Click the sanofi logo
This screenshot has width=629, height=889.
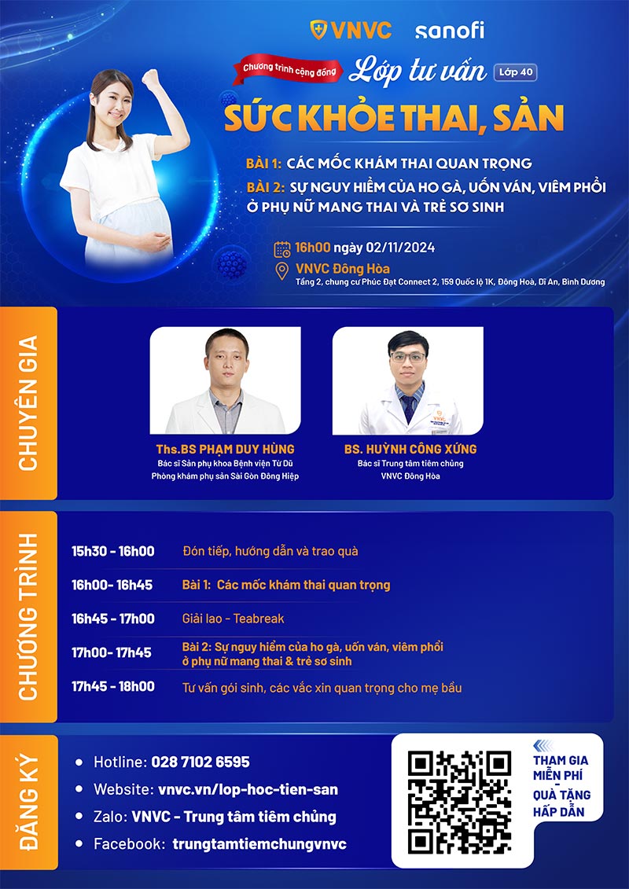pos(449,31)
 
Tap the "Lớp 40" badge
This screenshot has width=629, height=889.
pos(516,72)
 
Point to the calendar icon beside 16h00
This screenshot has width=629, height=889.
pos(282,249)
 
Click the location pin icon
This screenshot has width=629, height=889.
pos(282,271)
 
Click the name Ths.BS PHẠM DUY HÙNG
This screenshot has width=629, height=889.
pos(225,450)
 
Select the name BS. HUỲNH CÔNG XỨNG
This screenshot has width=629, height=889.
pos(410,450)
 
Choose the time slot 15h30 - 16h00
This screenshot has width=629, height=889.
pos(113,551)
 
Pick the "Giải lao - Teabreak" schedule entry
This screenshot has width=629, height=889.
pos(233,619)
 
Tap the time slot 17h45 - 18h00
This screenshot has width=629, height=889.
pos(113,687)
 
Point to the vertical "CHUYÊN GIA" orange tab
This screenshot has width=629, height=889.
pos(28,402)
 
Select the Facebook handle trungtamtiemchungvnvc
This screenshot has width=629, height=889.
pos(259,844)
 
